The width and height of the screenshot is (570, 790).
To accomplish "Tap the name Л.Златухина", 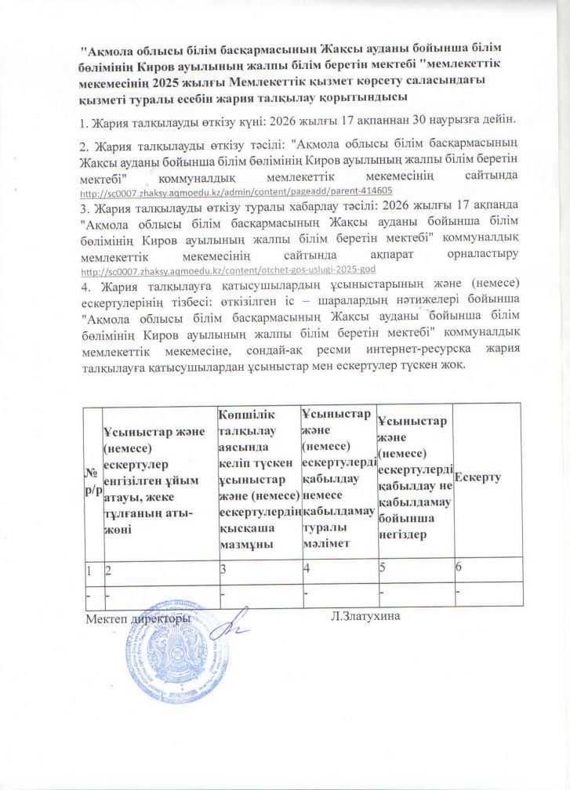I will (x=366, y=618).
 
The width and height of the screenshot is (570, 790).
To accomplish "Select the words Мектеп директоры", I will (x=136, y=618).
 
